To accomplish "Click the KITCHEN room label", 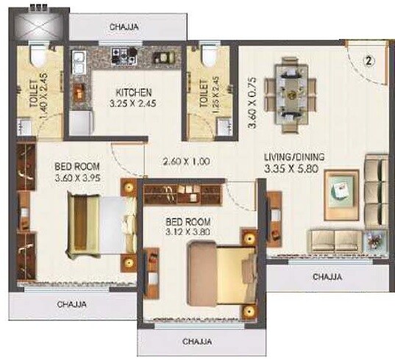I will click(133, 93).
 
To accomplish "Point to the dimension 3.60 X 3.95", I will click(80, 177).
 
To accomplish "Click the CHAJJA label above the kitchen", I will click(127, 27).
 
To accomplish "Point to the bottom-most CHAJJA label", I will click(196, 342).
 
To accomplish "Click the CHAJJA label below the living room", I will click(327, 277).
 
